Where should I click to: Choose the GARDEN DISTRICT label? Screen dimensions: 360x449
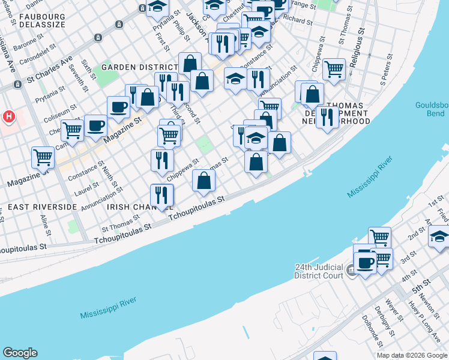pos(133,67)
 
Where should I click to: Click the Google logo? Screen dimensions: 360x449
pos(20,353)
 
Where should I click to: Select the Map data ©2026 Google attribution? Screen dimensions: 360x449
pos(412,355)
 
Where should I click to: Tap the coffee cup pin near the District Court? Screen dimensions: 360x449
pos(365,262)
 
